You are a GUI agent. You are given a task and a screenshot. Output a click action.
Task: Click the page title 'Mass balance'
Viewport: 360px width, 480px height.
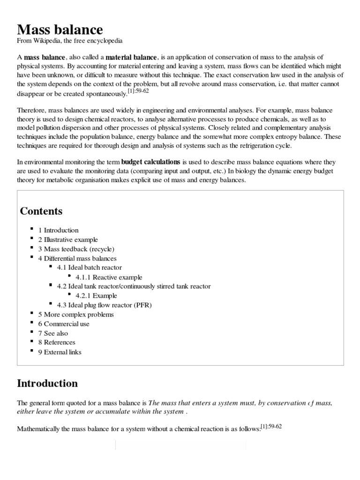(x=60, y=30)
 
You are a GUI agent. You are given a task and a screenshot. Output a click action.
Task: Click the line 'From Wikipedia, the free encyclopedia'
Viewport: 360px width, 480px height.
(x=70, y=42)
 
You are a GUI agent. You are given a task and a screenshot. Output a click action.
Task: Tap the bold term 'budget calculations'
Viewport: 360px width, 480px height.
(x=151, y=162)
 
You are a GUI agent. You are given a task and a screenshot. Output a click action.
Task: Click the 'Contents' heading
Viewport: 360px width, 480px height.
(x=41, y=211)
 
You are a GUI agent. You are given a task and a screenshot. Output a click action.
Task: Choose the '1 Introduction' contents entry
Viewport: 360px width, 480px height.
(x=59, y=230)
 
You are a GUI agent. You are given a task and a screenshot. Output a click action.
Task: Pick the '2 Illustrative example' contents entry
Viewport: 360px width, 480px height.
(x=68, y=240)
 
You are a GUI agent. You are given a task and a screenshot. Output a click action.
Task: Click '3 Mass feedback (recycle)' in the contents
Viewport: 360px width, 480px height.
(x=76, y=249)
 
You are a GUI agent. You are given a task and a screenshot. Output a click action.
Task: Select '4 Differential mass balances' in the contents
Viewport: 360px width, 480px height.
(x=77, y=258)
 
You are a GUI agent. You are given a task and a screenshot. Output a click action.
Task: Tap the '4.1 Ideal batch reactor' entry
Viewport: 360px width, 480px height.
(x=89, y=268)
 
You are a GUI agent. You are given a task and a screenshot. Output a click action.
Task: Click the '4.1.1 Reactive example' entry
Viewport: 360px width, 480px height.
(x=109, y=277)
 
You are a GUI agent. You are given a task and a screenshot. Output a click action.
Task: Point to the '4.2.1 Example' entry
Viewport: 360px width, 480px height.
(x=96, y=296)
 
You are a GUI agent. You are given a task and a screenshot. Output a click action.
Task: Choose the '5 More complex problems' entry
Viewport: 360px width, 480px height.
(x=75, y=315)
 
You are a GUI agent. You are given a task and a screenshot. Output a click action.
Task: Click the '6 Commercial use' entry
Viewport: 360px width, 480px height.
(x=64, y=324)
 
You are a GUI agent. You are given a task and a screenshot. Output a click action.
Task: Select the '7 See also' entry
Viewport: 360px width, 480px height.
(x=53, y=333)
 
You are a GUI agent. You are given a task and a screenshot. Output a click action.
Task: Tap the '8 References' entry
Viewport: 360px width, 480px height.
(x=57, y=343)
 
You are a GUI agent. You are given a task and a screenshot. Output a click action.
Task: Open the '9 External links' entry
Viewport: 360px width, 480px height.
(x=60, y=352)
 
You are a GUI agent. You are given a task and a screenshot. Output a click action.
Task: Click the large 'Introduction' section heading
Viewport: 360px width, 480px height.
(x=47, y=383)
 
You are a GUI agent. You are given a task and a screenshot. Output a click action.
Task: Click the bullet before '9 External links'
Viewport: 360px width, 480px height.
(x=31, y=351)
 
